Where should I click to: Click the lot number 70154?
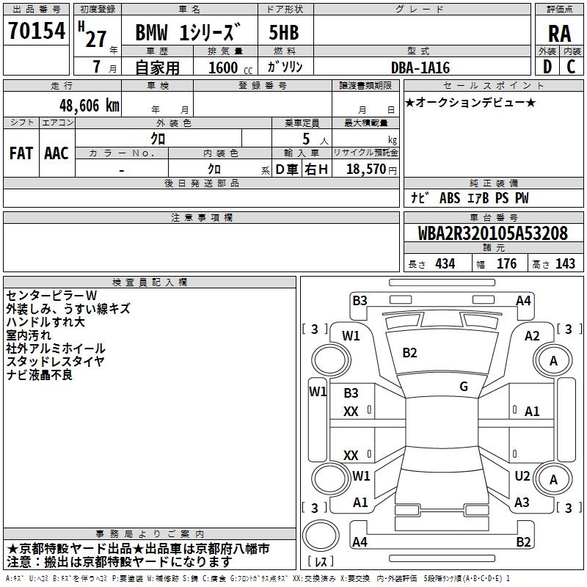point(37,31)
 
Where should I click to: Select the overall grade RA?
point(560,34)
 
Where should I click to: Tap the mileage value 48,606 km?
point(90,106)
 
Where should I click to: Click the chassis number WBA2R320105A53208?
point(492,233)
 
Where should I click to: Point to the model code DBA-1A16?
point(420,68)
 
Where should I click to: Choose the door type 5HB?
point(284,32)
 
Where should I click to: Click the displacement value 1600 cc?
point(230,68)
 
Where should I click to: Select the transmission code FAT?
point(21,153)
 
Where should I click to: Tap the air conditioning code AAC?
point(56,153)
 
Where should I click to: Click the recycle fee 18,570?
point(366,169)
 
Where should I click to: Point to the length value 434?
point(445,263)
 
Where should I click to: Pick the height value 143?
point(565,263)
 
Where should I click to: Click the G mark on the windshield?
point(464,387)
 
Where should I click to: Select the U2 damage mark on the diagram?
point(522,476)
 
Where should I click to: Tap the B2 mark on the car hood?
point(409,353)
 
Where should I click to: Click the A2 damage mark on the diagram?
point(532,336)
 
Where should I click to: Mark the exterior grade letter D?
point(547,67)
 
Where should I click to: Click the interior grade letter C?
point(571,67)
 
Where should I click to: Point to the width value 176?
point(506,263)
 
